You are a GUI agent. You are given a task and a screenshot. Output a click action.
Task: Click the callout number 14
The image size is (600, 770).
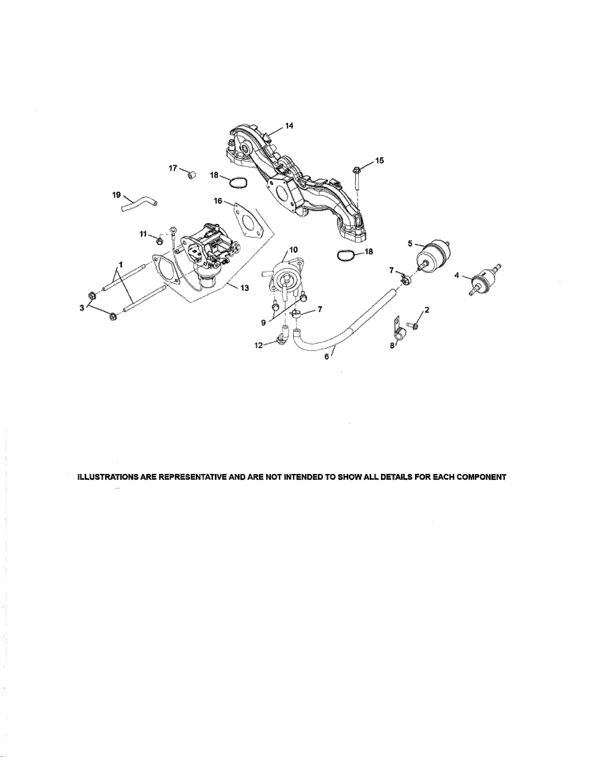click(x=289, y=126)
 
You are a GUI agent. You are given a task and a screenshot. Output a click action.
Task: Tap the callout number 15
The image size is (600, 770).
click(x=379, y=161)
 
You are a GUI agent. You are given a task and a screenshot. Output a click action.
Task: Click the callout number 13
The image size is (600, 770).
click(x=244, y=288)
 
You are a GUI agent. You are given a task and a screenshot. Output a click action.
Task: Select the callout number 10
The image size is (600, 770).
click(x=294, y=250)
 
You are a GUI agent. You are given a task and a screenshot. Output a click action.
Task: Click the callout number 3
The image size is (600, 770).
click(x=82, y=308)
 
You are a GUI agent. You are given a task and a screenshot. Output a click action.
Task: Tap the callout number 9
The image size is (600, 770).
click(x=263, y=322)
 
